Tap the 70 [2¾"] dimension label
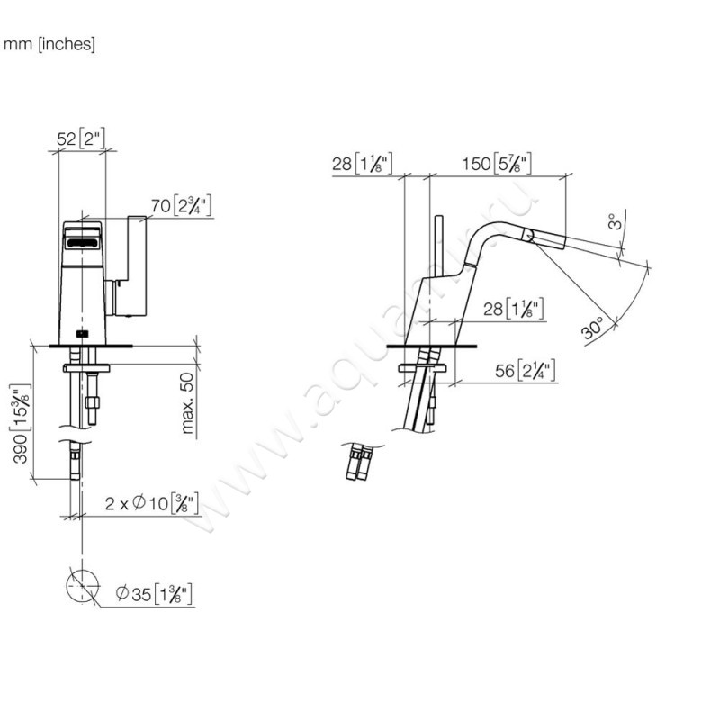[180, 207]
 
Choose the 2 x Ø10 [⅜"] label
[151, 503]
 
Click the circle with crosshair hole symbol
[82, 587]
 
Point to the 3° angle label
[613, 220]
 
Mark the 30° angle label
[592, 329]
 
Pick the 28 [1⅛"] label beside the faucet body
[510, 310]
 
